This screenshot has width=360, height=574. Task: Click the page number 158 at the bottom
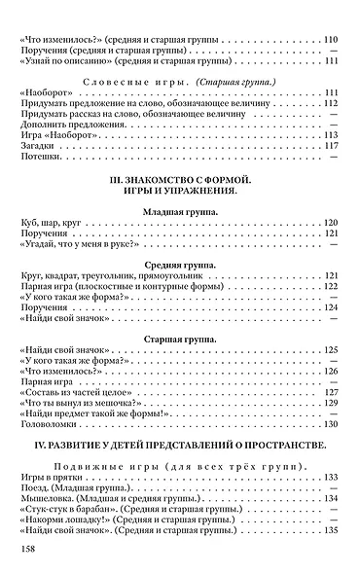point(27,551)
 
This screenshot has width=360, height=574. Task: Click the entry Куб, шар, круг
point(56,250)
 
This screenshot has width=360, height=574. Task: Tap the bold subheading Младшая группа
point(181,234)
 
